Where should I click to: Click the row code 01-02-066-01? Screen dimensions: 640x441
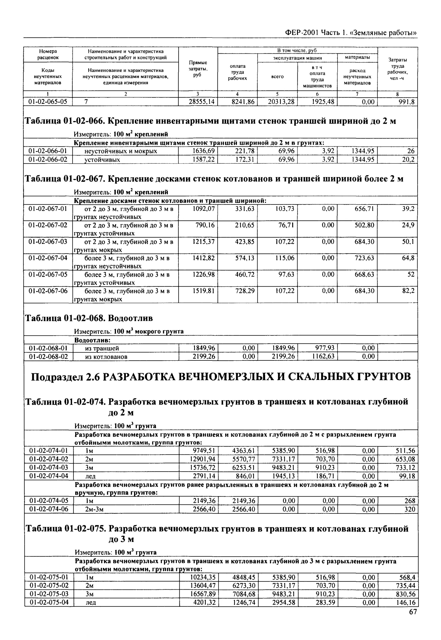[48, 151]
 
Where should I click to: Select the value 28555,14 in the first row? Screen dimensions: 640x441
[202, 102]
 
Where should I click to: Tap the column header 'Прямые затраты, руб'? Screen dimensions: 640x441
[198, 69]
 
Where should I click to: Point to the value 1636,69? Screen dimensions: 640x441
[203, 151]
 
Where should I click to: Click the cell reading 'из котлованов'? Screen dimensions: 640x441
[106, 356]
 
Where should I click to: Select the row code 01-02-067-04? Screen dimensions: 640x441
[48, 258]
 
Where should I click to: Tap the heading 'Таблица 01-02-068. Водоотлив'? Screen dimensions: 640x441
[89, 318]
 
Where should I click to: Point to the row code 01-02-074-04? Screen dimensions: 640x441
[48, 476]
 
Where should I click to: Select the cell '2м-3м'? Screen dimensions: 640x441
[94, 509]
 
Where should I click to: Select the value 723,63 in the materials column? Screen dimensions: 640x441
[364, 258]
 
